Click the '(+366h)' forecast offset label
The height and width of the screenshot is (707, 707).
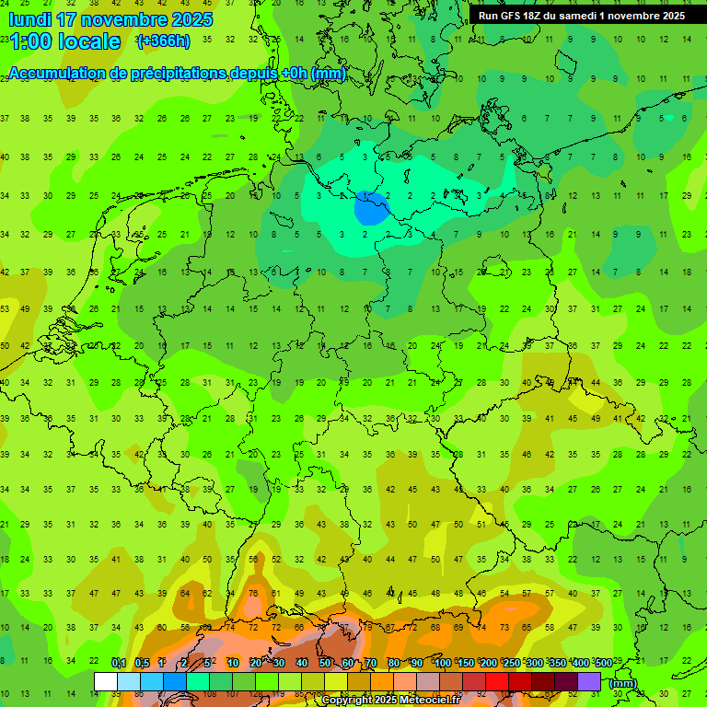[x=163, y=41]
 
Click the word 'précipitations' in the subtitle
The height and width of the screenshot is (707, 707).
[x=168, y=74]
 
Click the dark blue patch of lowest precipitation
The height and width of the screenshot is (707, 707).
[x=370, y=208]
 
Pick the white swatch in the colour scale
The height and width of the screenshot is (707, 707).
[x=106, y=681]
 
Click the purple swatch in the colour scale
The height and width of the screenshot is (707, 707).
[x=589, y=681]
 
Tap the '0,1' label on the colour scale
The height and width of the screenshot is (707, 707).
[x=119, y=663]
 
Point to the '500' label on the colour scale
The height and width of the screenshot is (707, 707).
[x=603, y=663]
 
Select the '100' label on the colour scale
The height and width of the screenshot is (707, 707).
[x=442, y=663]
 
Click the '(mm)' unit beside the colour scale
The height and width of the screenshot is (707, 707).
[x=623, y=682]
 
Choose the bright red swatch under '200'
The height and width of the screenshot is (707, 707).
[x=497, y=681]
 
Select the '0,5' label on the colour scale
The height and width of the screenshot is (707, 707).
[x=142, y=663]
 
